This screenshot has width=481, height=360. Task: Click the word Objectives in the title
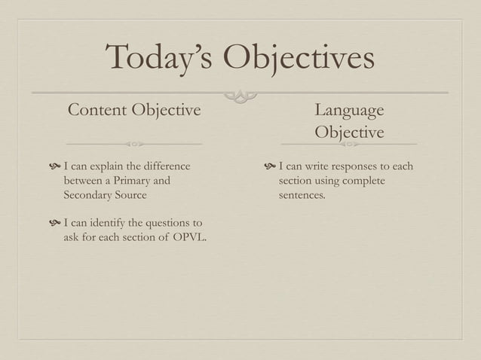299,59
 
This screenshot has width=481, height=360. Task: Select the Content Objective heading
135,111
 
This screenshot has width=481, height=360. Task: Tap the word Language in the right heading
349,111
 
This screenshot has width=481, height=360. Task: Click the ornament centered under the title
240,95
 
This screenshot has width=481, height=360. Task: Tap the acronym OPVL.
188,239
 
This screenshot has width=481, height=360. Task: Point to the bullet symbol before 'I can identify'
53,224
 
